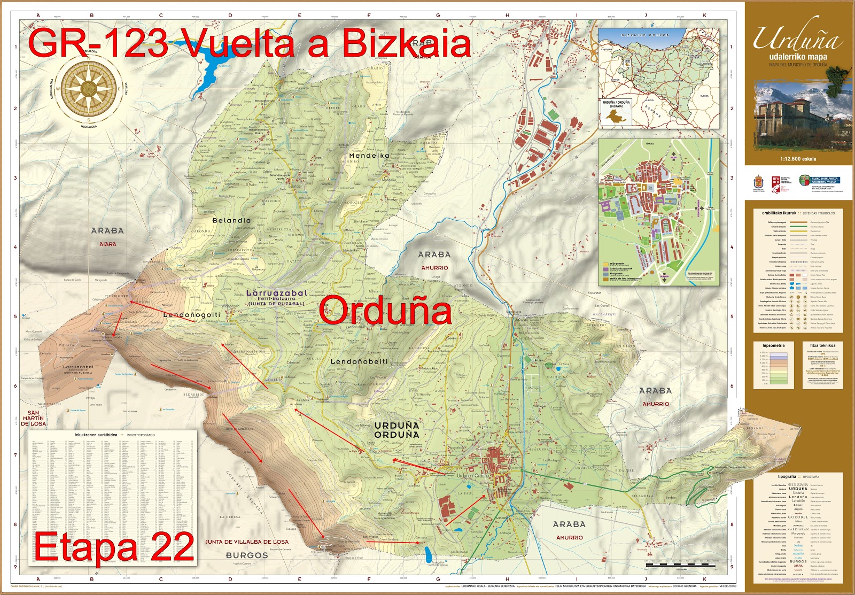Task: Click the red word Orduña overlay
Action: point(385,311)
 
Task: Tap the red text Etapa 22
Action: point(114,547)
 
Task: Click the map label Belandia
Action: point(231,220)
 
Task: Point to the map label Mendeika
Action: point(369,156)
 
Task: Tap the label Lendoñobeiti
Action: point(359,362)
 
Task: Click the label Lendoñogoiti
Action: point(191,315)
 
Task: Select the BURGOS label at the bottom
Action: point(246,555)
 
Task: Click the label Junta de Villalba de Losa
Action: point(246,542)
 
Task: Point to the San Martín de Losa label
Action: point(34,418)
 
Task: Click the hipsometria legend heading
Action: point(773,346)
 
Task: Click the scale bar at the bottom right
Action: point(680,565)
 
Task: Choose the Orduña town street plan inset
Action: point(658,212)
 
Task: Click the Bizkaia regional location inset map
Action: point(658,79)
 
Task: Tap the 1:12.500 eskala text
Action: point(798,159)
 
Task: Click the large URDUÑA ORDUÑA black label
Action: point(397,430)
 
